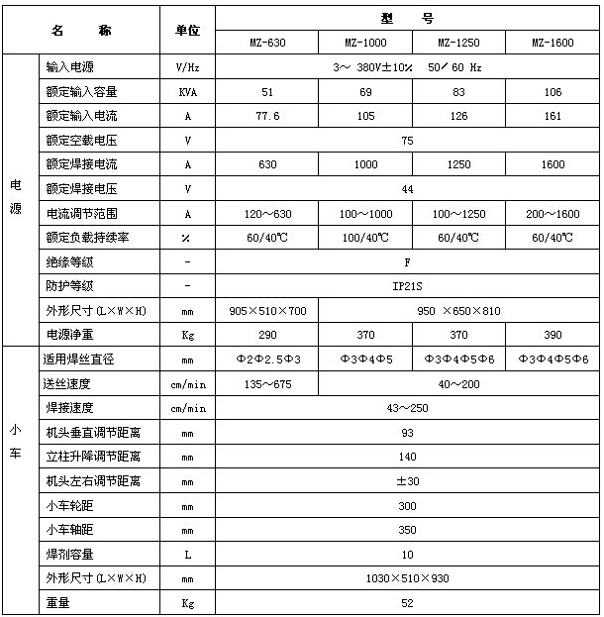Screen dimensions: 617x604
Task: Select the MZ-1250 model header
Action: (458, 44)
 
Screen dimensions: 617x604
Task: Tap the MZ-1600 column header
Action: (552, 44)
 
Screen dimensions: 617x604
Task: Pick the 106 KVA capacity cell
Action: (552, 92)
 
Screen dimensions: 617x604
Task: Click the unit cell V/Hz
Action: (187, 67)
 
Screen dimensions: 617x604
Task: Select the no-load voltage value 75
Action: (407, 141)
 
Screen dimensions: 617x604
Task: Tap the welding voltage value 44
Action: (407, 188)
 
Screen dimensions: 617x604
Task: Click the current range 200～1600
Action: (552, 213)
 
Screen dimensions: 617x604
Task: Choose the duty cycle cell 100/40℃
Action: (364, 238)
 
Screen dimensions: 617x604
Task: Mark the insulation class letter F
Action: (407, 261)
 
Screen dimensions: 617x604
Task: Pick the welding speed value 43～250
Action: (407, 407)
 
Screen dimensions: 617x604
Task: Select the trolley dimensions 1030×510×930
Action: (407, 578)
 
